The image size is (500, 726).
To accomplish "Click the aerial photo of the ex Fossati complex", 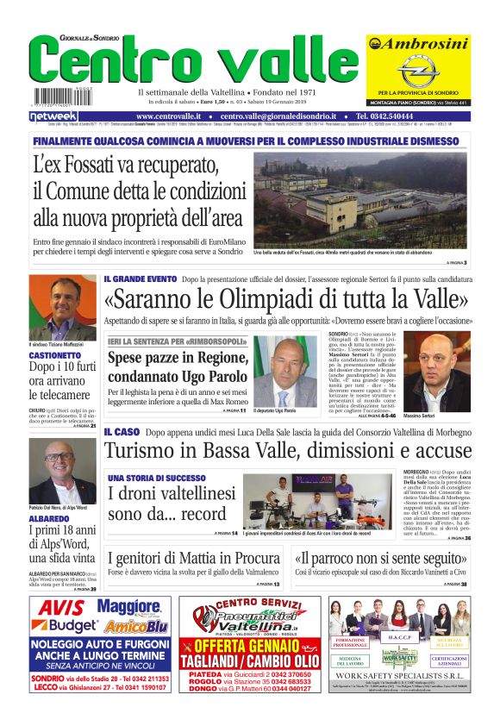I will [360, 200].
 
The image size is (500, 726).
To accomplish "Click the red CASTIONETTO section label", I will [55, 355].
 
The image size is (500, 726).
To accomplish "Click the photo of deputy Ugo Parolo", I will [284, 372].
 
